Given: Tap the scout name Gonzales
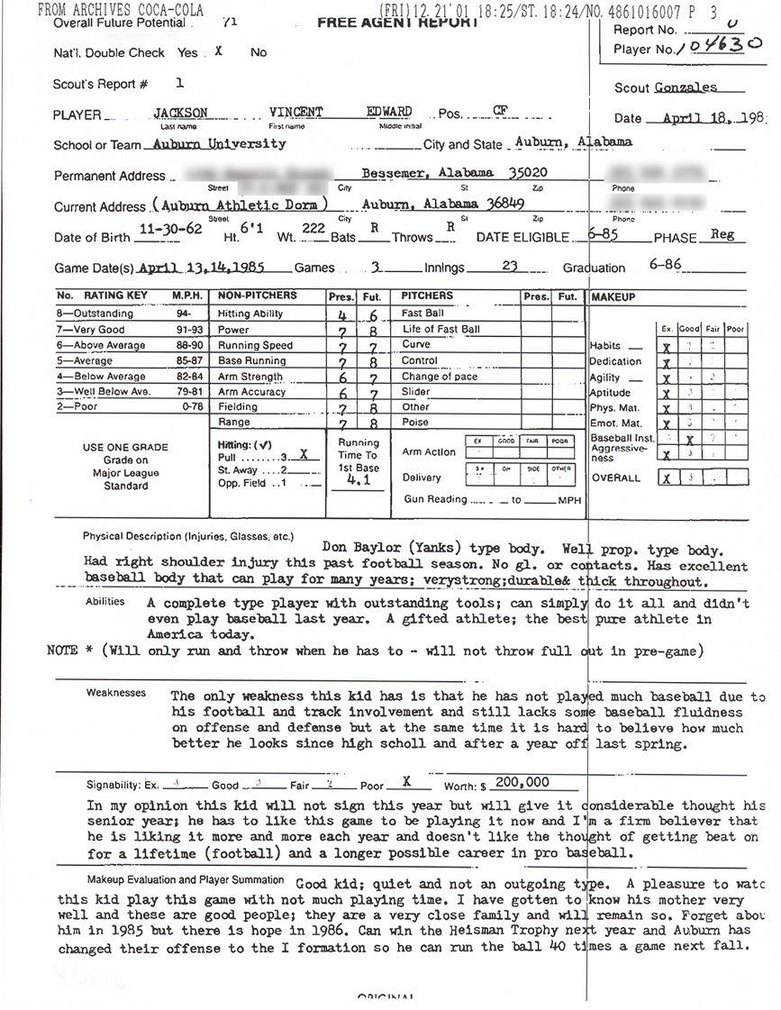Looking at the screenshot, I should [687, 87].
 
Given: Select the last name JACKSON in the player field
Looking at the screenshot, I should [180, 113].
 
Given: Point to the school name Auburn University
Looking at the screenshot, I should [220, 143].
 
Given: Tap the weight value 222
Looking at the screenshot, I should [313, 231].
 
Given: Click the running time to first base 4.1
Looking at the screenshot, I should [358, 481].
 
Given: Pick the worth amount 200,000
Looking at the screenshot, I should [521, 782].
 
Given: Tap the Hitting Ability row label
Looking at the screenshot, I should [250, 314].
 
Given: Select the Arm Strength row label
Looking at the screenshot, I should [250, 377].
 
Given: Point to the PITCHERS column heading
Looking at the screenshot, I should [427, 296].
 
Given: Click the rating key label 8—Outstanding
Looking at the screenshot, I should [97, 314].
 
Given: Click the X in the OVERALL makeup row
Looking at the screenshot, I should [666, 478].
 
